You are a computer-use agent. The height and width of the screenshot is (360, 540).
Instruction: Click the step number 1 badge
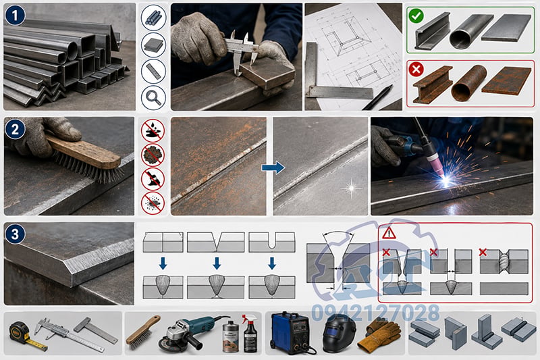point(15,15)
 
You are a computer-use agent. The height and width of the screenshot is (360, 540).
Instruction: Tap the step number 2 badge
point(15,129)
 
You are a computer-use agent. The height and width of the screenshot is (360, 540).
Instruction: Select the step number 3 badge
point(15,234)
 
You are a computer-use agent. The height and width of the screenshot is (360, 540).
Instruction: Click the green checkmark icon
point(416,16)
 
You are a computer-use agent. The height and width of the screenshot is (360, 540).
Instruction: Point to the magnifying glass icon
point(153,98)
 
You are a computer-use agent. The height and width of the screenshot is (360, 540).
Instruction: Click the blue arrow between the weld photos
point(273,168)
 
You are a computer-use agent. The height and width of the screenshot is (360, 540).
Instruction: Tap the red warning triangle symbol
point(389,233)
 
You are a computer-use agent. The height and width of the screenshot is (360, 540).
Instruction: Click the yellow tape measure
point(22,334)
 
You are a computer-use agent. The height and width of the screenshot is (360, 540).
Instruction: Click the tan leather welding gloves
point(379,335)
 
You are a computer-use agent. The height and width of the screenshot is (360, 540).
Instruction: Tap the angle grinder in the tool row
point(190,333)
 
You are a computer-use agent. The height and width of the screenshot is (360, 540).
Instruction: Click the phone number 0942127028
point(376,313)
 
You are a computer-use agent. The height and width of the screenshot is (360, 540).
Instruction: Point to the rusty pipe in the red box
point(468,83)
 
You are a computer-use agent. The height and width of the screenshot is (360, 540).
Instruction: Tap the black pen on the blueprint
point(378,97)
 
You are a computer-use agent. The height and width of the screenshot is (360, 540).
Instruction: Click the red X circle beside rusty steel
point(416,70)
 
